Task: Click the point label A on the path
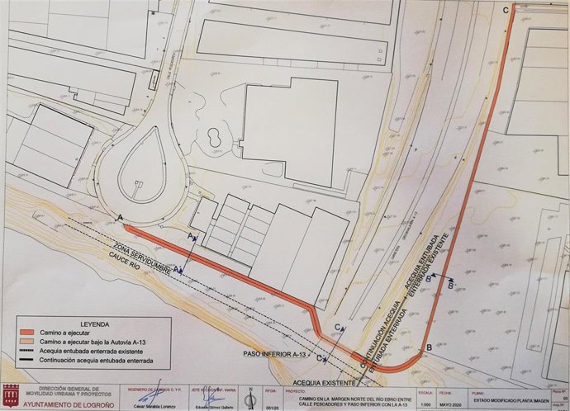[122, 217]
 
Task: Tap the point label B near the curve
[428, 349]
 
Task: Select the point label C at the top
[505, 9]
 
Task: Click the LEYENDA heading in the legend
[97, 324]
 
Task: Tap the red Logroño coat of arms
[11, 392]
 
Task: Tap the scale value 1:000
[425, 403]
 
